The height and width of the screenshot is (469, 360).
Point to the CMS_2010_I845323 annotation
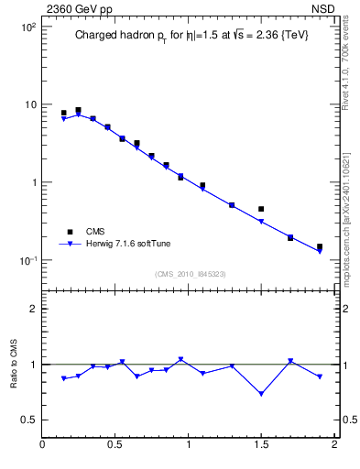click(191, 273)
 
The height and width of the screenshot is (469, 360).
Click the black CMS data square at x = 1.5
click(261, 209)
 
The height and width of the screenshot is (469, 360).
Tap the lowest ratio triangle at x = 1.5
click(261, 394)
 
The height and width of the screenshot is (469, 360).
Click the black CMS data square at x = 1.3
click(232, 205)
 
